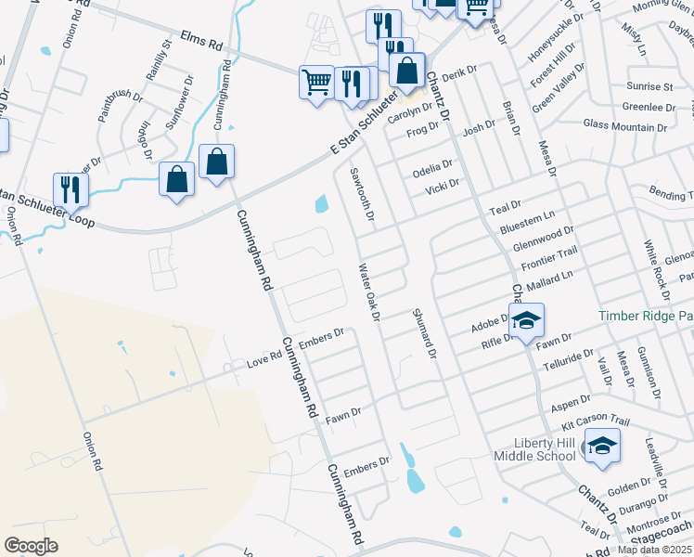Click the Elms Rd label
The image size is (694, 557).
click(x=204, y=44)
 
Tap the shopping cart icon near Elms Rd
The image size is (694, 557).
click(x=316, y=82)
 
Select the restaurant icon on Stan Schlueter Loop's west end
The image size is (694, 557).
click(x=71, y=189)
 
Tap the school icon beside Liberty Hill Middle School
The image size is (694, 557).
click(x=602, y=447)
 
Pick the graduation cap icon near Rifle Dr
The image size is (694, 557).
click(x=527, y=321)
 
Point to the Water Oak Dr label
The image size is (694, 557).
click(x=369, y=292)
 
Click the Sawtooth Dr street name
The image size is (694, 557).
click(x=360, y=192)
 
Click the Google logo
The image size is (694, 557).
click(x=31, y=546)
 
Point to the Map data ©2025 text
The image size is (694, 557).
click(x=655, y=550)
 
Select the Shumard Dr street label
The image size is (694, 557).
click(x=423, y=333)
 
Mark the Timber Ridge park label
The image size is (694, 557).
click(x=646, y=316)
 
